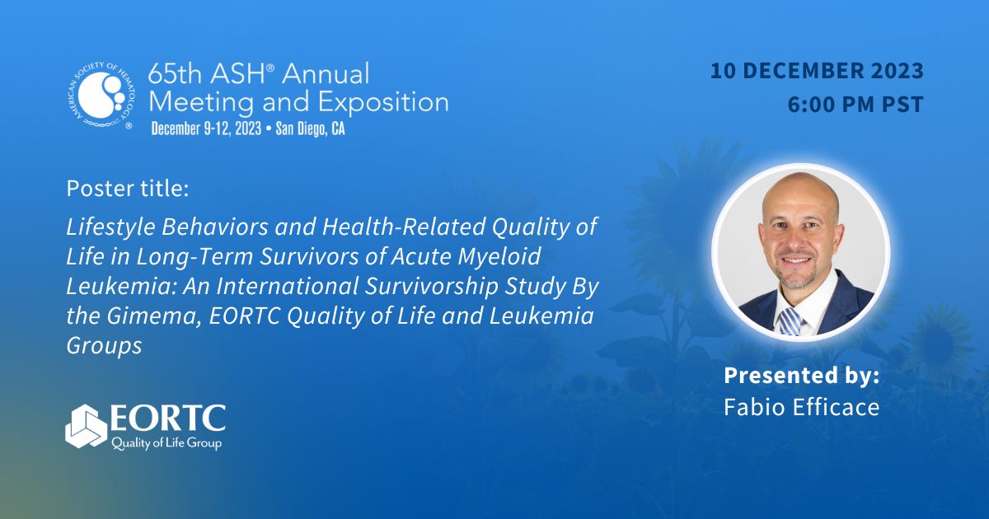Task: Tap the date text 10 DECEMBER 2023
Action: (817, 72)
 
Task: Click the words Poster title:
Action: (128, 189)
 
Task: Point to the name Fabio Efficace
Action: (801, 407)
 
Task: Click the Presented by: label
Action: (801, 376)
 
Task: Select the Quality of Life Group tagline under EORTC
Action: (165, 443)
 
